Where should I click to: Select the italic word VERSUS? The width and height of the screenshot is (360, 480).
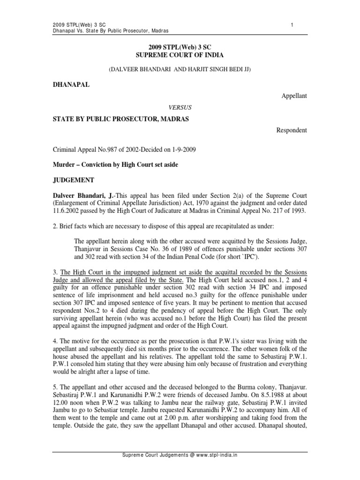(180, 106)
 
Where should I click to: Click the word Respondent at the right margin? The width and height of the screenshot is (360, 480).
(291, 130)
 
